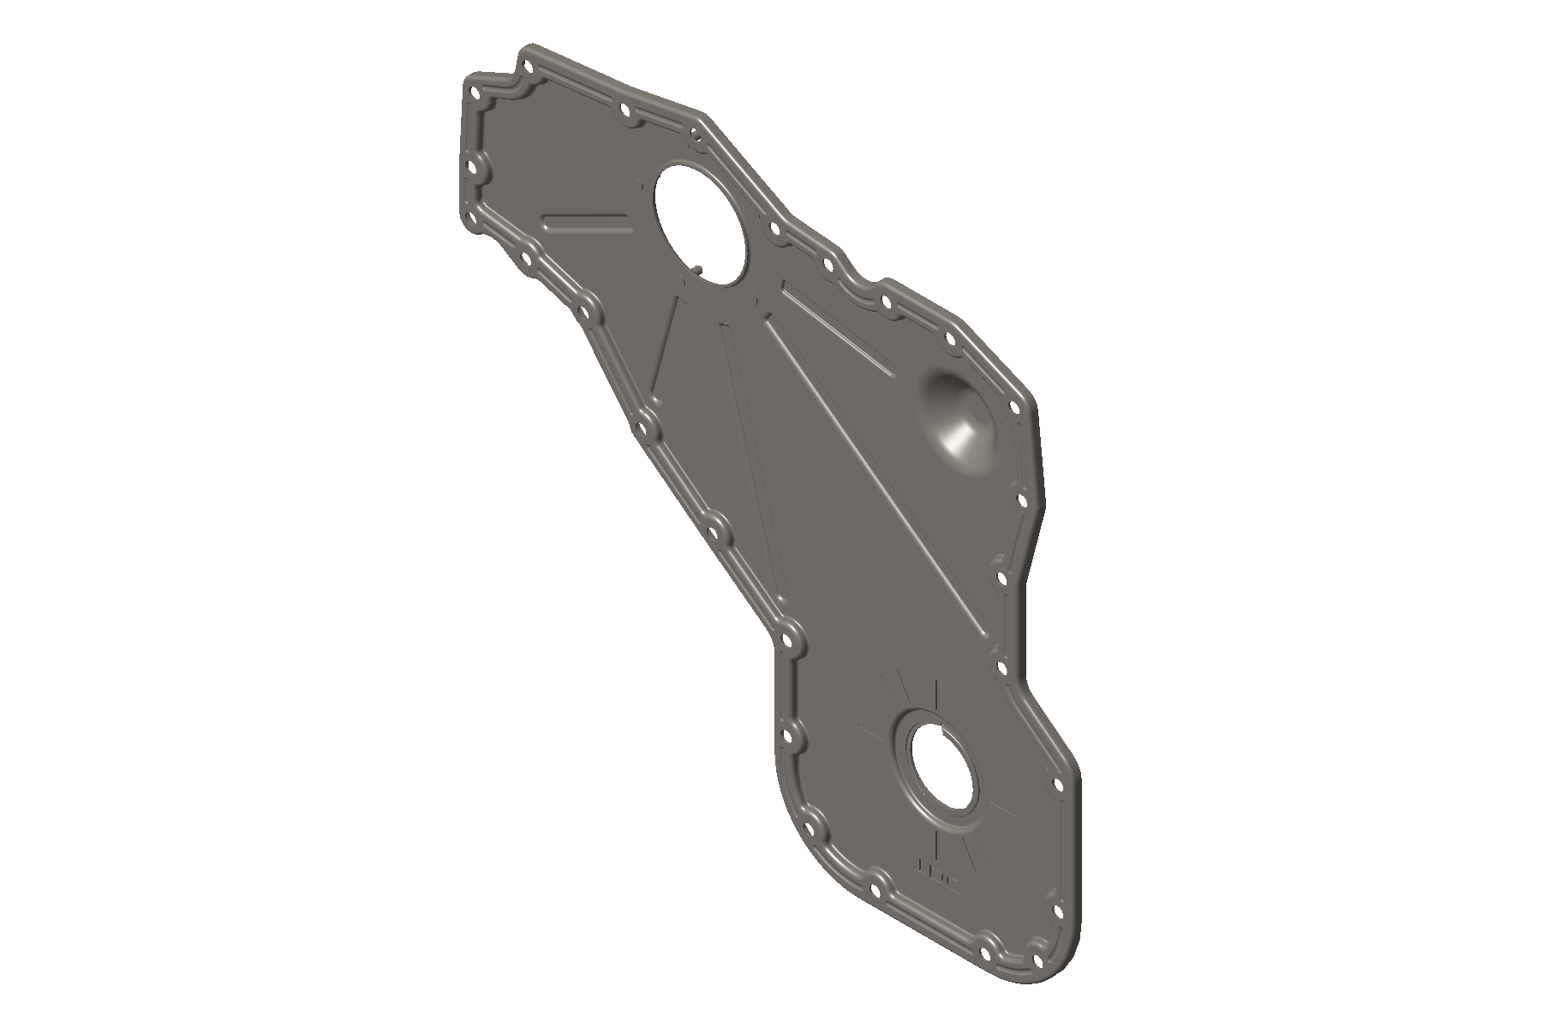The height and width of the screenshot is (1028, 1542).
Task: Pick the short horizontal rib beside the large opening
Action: (x=587, y=224)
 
